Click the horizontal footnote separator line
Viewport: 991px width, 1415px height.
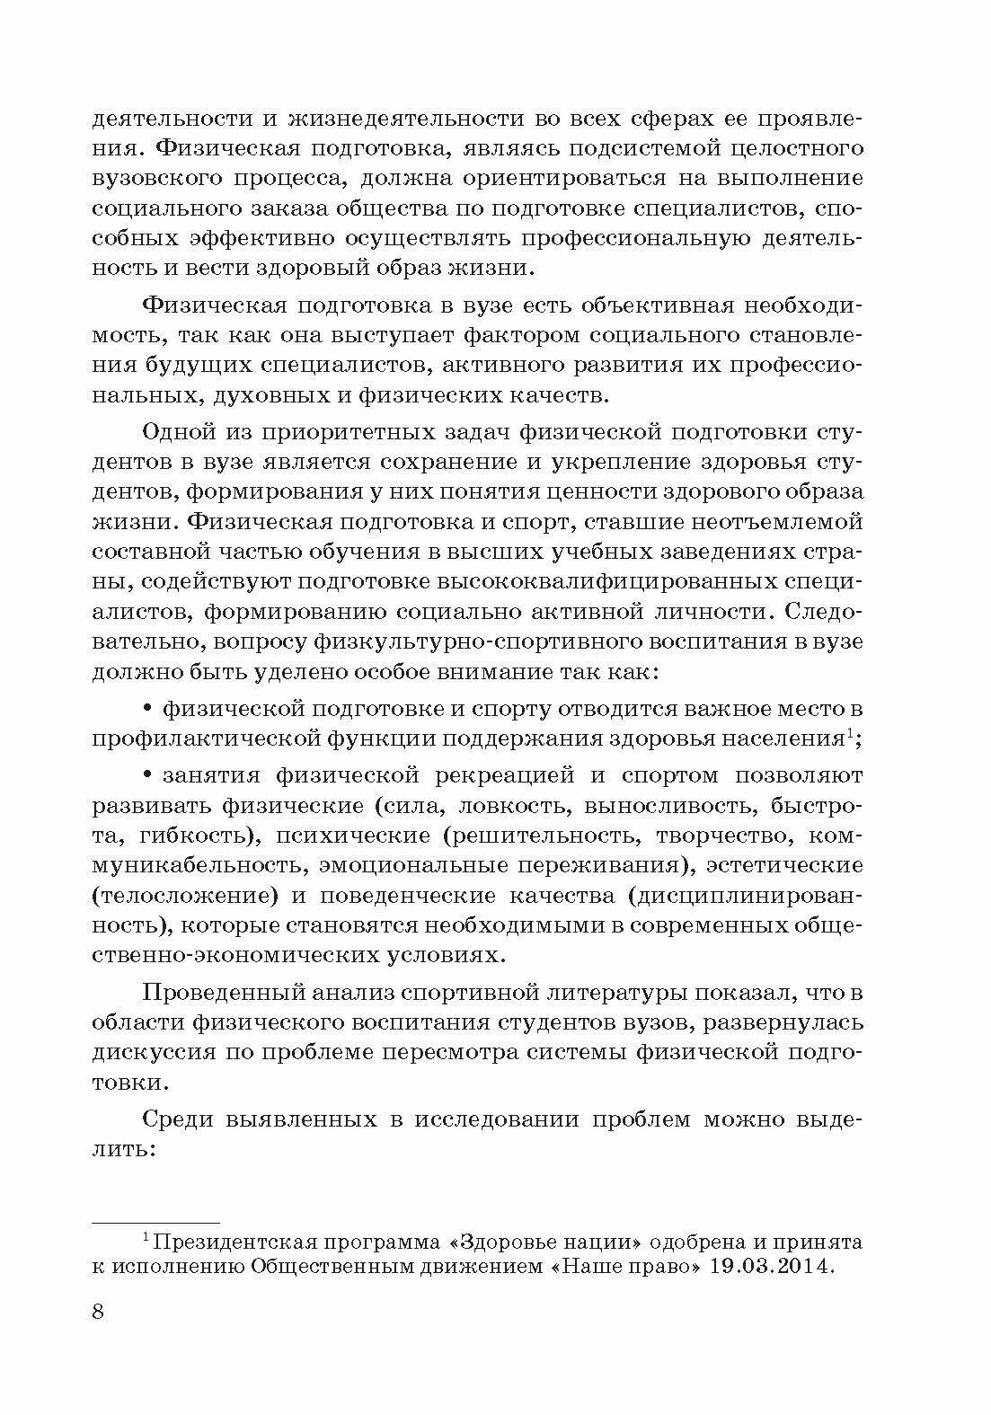[x=155, y=1222]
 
